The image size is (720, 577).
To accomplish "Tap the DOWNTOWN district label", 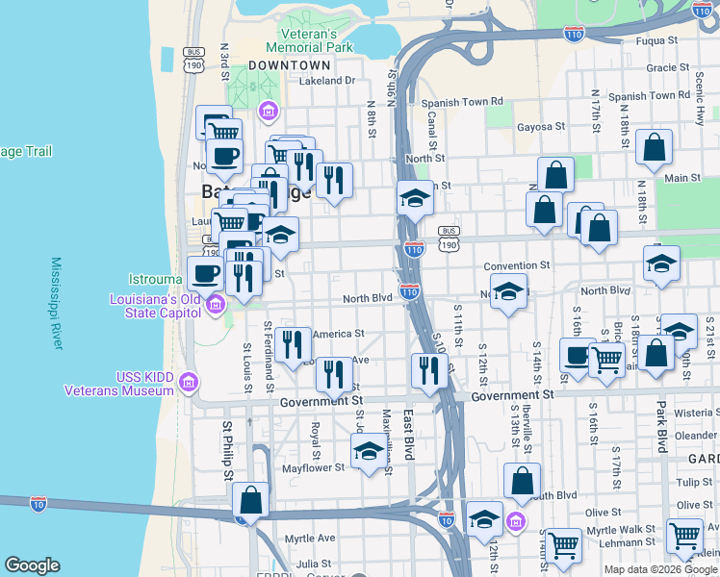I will pyautogui.click(x=289, y=65).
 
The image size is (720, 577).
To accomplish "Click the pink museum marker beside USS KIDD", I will pyautogui.click(x=190, y=384).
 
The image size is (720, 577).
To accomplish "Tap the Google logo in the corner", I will pyautogui.click(x=32, y=565).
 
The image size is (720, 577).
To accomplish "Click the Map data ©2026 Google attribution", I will pyautogui.click(x=660, y=569).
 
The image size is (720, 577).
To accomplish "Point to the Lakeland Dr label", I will pyautogui.click(x=327, y=82).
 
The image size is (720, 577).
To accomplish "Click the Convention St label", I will pyautogui.click(x=516, y=265).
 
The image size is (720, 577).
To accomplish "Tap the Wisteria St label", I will pyautogui.click(x=696, y=413).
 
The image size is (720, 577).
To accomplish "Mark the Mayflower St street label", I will pyautogui.click(x=313, y=468).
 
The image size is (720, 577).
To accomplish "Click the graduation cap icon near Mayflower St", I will pyautogui.click(x=368, y=449).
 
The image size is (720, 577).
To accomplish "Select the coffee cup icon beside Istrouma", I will pyautogui.click(x=204, y=272).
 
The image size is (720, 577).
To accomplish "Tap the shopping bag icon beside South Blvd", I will pyautogui.click(x=522, y=480).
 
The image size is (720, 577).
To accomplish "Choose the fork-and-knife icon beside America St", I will pyautogui.click(x=292, y=344).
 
